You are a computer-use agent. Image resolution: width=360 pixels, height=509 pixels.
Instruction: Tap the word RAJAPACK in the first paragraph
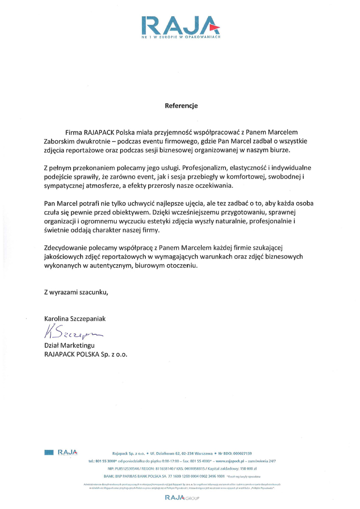[x=98, y=133]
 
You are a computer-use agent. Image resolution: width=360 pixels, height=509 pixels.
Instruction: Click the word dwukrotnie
[x=92, y=142]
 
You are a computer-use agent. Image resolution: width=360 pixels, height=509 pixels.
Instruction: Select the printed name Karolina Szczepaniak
[x=75, y=319]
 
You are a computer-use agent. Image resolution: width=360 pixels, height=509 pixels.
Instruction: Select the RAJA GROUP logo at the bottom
[x=181, y=498]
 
